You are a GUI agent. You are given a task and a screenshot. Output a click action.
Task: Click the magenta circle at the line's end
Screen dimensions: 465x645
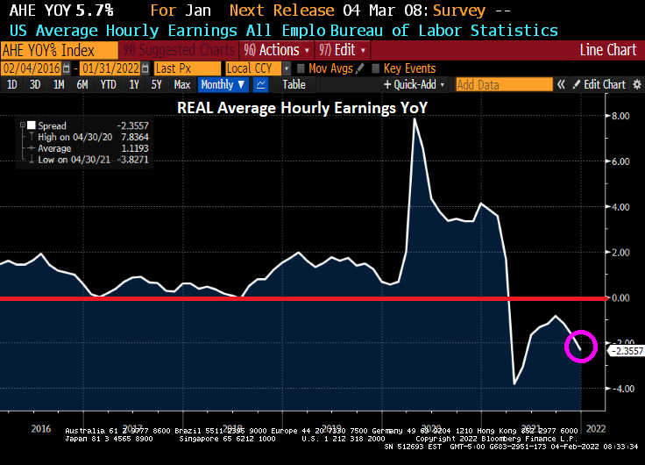tap(582, 347)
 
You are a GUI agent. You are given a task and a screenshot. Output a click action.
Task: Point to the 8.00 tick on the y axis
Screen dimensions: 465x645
tap(620, 116)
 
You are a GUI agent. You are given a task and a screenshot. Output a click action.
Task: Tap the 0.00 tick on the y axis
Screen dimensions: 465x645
tap(620, 298)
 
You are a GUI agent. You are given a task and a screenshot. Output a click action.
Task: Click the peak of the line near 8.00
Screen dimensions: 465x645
tap(414, 119)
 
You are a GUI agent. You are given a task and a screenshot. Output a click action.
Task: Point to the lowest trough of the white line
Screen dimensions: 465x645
tap(514, 384)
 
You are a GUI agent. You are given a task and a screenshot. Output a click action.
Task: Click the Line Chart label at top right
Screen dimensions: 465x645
tap(608, 50)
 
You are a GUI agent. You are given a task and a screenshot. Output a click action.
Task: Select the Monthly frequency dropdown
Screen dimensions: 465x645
tap(222, 84)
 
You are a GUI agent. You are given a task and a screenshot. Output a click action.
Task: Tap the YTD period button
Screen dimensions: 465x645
tap(109, 84)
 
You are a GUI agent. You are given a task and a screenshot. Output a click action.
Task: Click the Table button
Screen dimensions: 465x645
tap(294, 84)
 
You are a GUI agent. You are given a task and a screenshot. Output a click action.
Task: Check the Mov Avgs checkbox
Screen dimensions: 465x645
tap(301, 68)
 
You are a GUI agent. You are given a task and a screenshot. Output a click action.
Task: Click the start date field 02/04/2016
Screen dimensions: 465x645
tap(36, 68)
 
